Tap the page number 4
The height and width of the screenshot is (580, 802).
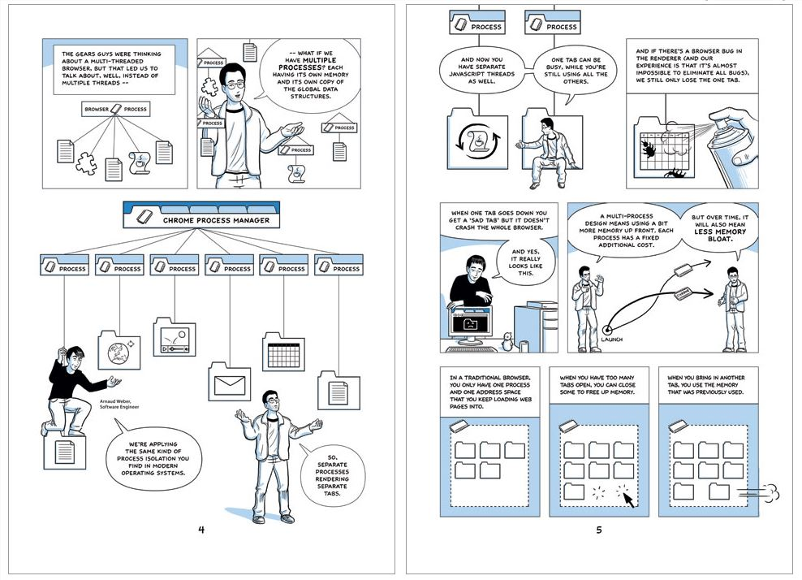click(x=201, y=530)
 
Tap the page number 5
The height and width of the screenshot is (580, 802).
click(x=599, y=530)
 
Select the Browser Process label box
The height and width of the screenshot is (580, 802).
click(x=116, y=108)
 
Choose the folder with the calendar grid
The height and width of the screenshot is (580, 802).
click(x=283, y=352)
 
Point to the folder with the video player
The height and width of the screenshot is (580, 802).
click(x=175, y=336)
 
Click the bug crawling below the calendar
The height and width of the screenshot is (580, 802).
click(x=677, y=174)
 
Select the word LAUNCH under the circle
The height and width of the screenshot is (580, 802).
click(x=617, y=340)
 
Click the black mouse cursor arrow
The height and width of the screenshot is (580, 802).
click(x=627, y=498)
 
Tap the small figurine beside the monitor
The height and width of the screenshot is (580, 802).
click(x=506, y=342)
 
